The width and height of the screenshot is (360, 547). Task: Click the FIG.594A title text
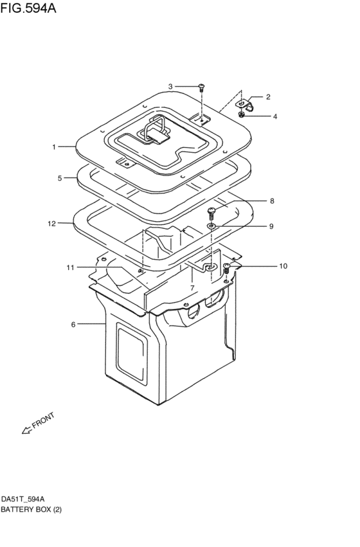point(28,8)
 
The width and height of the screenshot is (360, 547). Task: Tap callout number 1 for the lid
point(54,147)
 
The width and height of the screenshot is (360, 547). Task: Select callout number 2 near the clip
point(268,97)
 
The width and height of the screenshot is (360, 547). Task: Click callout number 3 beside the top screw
point(170,87)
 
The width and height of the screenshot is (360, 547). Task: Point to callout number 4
point(275,116)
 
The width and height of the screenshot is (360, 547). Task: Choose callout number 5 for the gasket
point(60,178)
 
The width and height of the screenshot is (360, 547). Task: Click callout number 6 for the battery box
point(73,325)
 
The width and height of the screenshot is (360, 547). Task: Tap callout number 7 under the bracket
point(192,288)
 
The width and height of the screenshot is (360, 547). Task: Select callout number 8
point(272,201)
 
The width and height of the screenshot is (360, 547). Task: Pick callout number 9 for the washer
point(271,226)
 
